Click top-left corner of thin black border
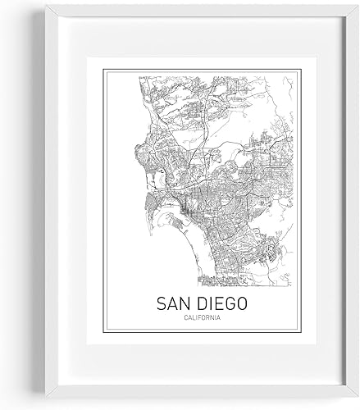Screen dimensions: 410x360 point(102,69)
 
